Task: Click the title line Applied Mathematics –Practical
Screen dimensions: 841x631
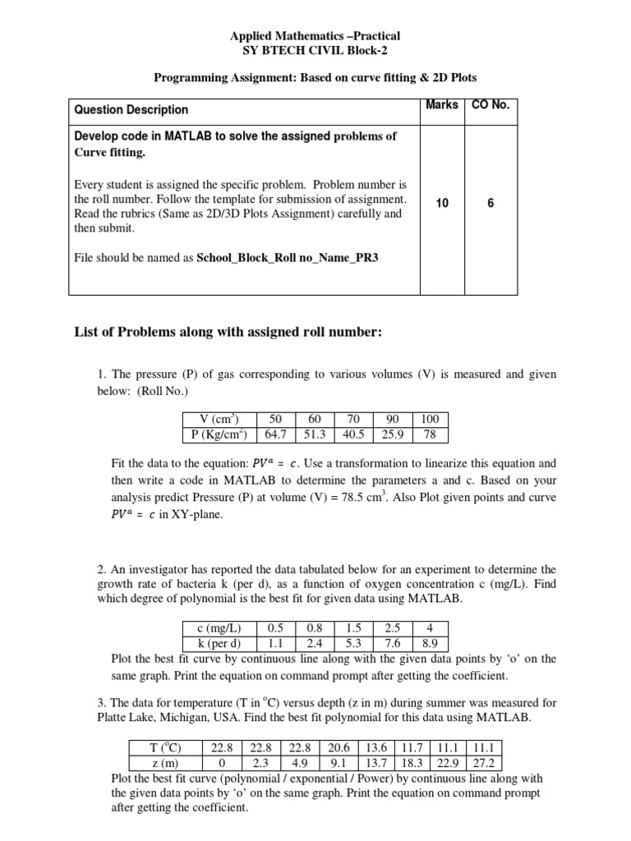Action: click(315, 37)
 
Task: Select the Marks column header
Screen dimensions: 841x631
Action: click(442, 105)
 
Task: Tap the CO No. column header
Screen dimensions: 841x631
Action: click(491, 105)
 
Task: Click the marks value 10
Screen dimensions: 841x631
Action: click(442, 203)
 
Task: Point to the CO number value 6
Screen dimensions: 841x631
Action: click(491, 203)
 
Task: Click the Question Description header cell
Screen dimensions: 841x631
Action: click(131, 109)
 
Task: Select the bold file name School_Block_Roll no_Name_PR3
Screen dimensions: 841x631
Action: click(288, 257)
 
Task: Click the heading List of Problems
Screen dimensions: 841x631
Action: click(228, 332)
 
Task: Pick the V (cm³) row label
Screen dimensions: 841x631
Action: click(218, 419)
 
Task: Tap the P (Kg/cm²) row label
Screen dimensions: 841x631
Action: click(218, 434)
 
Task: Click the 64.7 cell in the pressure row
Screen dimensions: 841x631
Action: click(275, 434)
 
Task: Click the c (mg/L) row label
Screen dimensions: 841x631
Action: click(219, 629)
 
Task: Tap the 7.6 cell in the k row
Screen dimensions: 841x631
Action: click(393, 643)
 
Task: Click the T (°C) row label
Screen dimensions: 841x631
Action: click(161, 747)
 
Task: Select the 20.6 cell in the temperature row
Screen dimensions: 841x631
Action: click(339, 747)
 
